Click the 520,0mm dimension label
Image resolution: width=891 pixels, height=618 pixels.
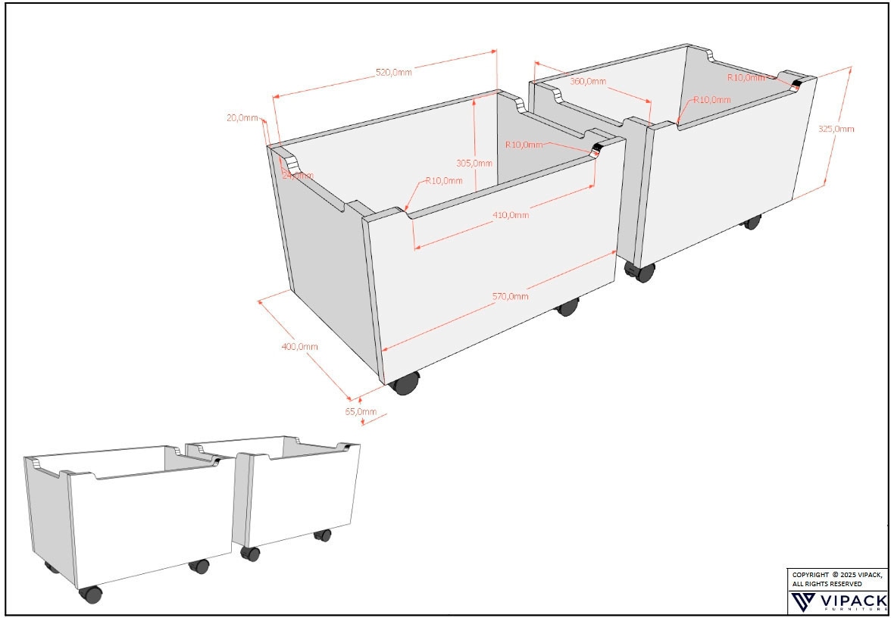(394, 73)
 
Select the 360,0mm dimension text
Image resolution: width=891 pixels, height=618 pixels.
(587, 81)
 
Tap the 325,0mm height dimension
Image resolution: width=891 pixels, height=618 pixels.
(836, 129)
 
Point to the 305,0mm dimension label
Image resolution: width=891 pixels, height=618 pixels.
(474, 163)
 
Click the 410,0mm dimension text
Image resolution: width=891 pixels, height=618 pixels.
(511, 215)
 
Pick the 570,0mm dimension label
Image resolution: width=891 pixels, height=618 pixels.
(511, 296)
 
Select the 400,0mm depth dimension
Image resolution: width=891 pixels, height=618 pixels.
(299, 346)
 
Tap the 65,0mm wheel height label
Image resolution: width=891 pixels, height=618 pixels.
(361, 411)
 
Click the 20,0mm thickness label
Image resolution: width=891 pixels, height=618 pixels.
(242, 118)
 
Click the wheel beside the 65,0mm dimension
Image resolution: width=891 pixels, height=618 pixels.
(405, 384)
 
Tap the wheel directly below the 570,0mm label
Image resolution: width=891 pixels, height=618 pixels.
(567, 307)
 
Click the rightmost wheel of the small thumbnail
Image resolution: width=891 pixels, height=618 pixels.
(323, 535)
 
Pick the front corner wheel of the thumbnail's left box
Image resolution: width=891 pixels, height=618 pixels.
(91, 594)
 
